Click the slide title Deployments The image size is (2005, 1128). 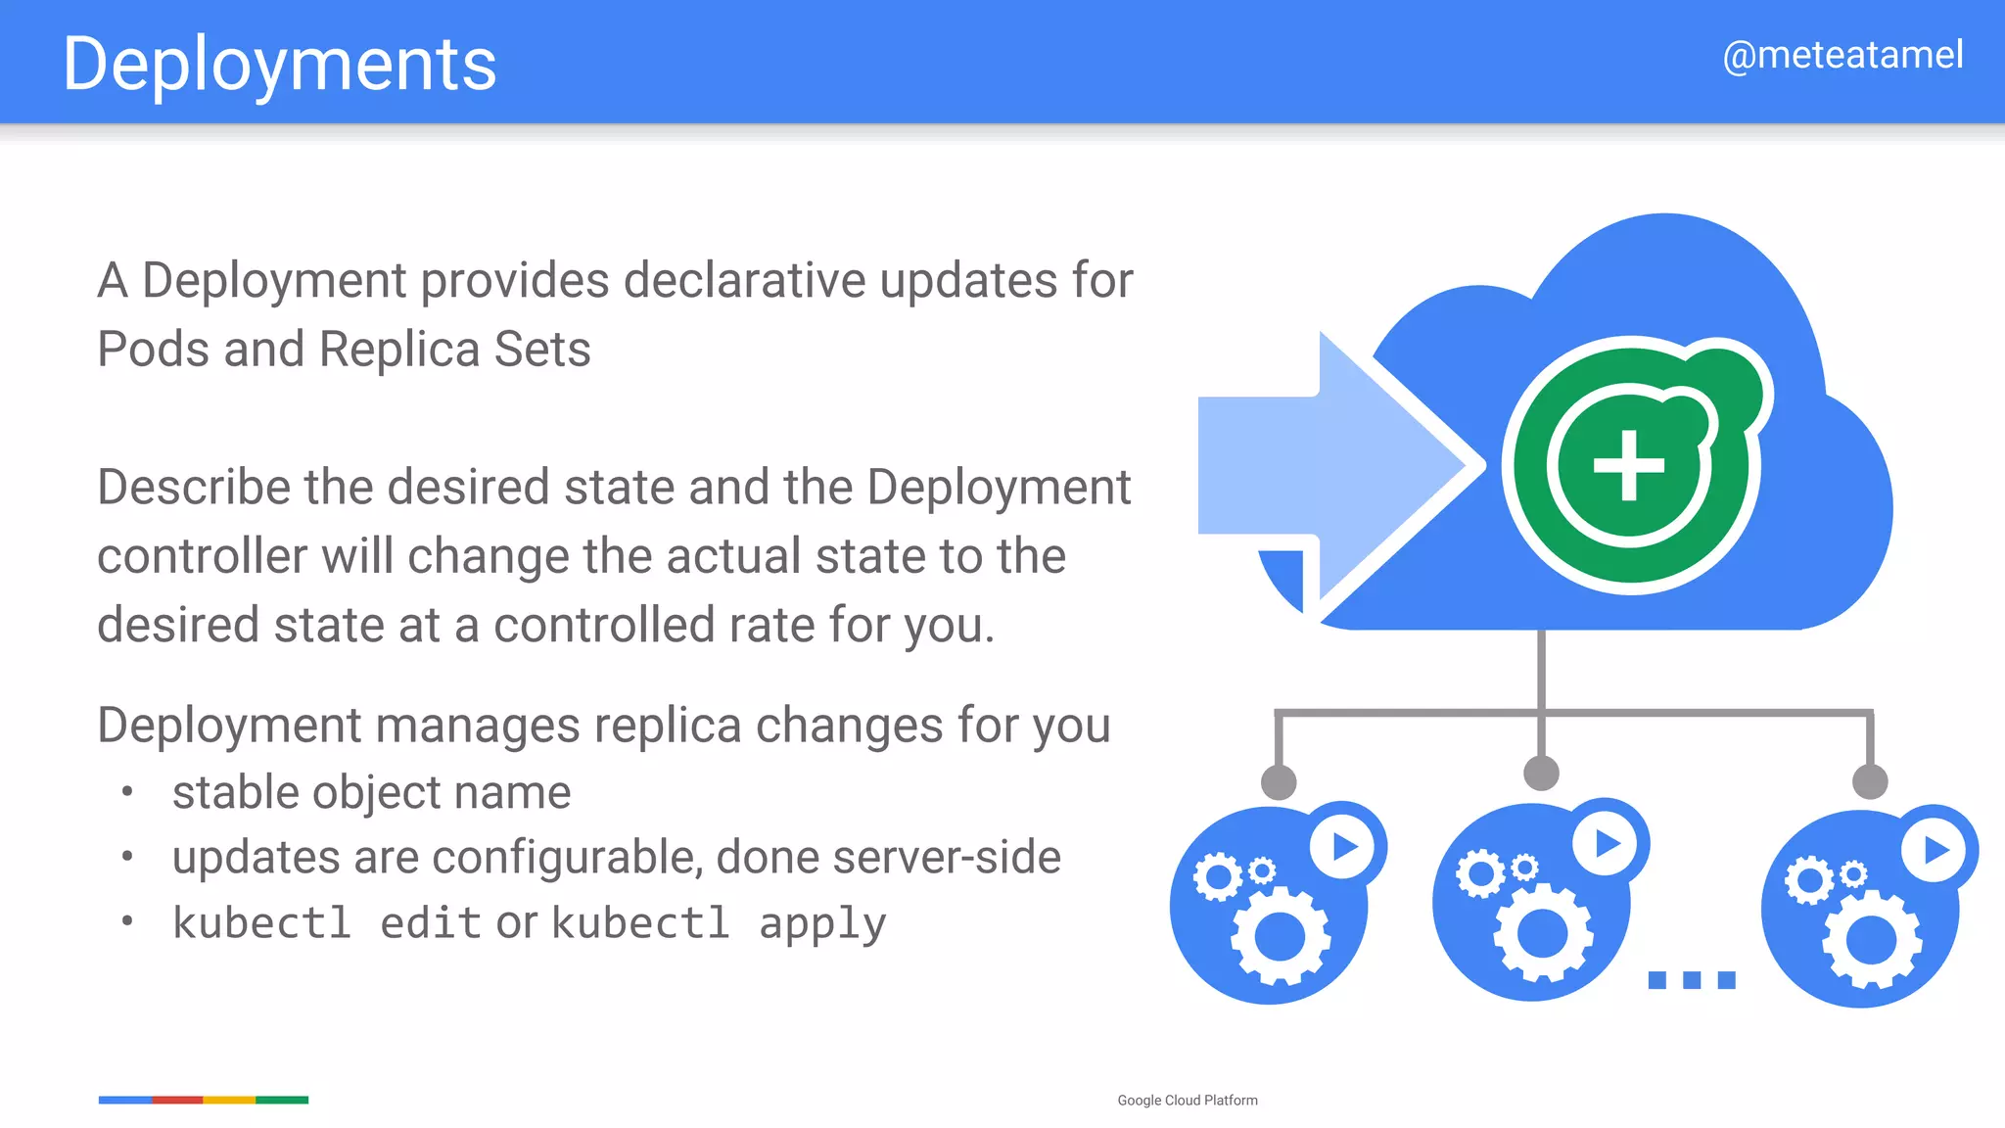pos(279,64)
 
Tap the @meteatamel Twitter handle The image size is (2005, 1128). pos(1842,55)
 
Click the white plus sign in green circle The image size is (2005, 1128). pos(1629,465)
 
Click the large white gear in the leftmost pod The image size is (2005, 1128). pos(1280,938)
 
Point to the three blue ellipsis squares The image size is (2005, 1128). pos(1692,979)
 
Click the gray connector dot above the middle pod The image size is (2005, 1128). pos(1542,773)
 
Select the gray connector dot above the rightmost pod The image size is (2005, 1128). pos(1870,781)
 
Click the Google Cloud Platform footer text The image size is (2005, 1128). pos(1188,1101)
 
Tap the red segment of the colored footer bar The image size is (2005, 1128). pos(177,1100)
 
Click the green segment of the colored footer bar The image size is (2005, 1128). pos(282,1100)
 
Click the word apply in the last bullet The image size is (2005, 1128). pos(822,923)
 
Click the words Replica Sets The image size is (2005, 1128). pos(454,350)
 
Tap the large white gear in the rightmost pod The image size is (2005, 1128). pos(1871,940)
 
